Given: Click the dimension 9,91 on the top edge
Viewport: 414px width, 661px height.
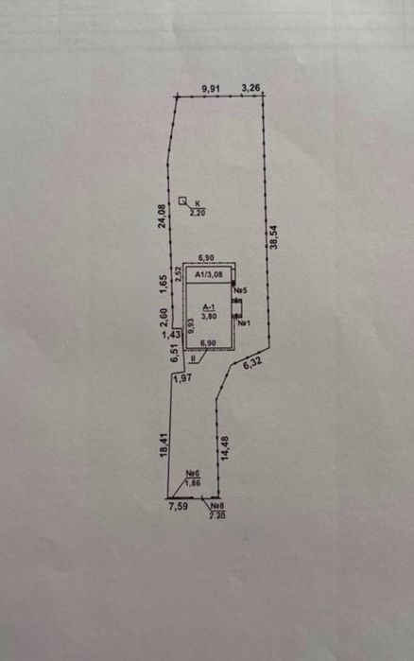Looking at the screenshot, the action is point(211,89).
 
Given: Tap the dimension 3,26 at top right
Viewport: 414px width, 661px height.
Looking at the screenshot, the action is point(250,88).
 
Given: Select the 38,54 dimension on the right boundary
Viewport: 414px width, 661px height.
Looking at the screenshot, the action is point(274,236).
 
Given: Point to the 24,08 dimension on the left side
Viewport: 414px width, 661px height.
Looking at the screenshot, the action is point(162,217).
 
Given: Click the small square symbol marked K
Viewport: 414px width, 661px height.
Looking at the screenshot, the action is point(182,200).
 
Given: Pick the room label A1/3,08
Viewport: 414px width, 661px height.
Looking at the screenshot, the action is point(209,275).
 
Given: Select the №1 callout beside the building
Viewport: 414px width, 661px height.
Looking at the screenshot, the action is point(244,323).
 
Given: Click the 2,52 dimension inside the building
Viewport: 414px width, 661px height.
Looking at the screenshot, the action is point(179,274).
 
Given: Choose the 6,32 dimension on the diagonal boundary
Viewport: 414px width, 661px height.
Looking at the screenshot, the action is point(252,363).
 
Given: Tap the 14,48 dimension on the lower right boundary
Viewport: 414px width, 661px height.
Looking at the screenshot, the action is point(224,448).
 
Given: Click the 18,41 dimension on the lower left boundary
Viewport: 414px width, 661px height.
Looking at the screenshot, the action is point(164,445).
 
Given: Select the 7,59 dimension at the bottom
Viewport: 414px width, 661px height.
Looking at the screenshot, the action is point(178,506).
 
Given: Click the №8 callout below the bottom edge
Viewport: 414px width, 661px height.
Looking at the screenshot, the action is point(217,506).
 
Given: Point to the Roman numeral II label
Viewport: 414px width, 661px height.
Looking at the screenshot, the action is point(194,358).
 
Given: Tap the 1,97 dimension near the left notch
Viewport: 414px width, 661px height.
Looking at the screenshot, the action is point(182,378).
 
